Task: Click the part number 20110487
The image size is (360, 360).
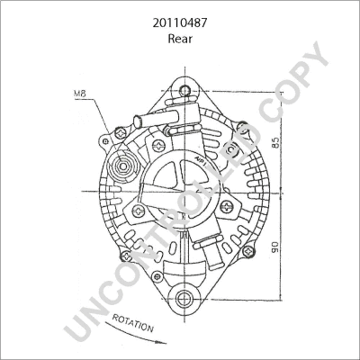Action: (180, 22)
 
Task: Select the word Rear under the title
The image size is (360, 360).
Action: (180, 39)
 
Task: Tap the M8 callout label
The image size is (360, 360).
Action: (80, 94)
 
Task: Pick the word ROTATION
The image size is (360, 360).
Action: (133, 323)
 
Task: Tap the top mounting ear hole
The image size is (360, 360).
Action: (185, 90)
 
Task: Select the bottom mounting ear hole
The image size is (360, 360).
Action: (183, 298)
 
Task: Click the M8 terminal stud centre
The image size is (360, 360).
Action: (123, 166)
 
